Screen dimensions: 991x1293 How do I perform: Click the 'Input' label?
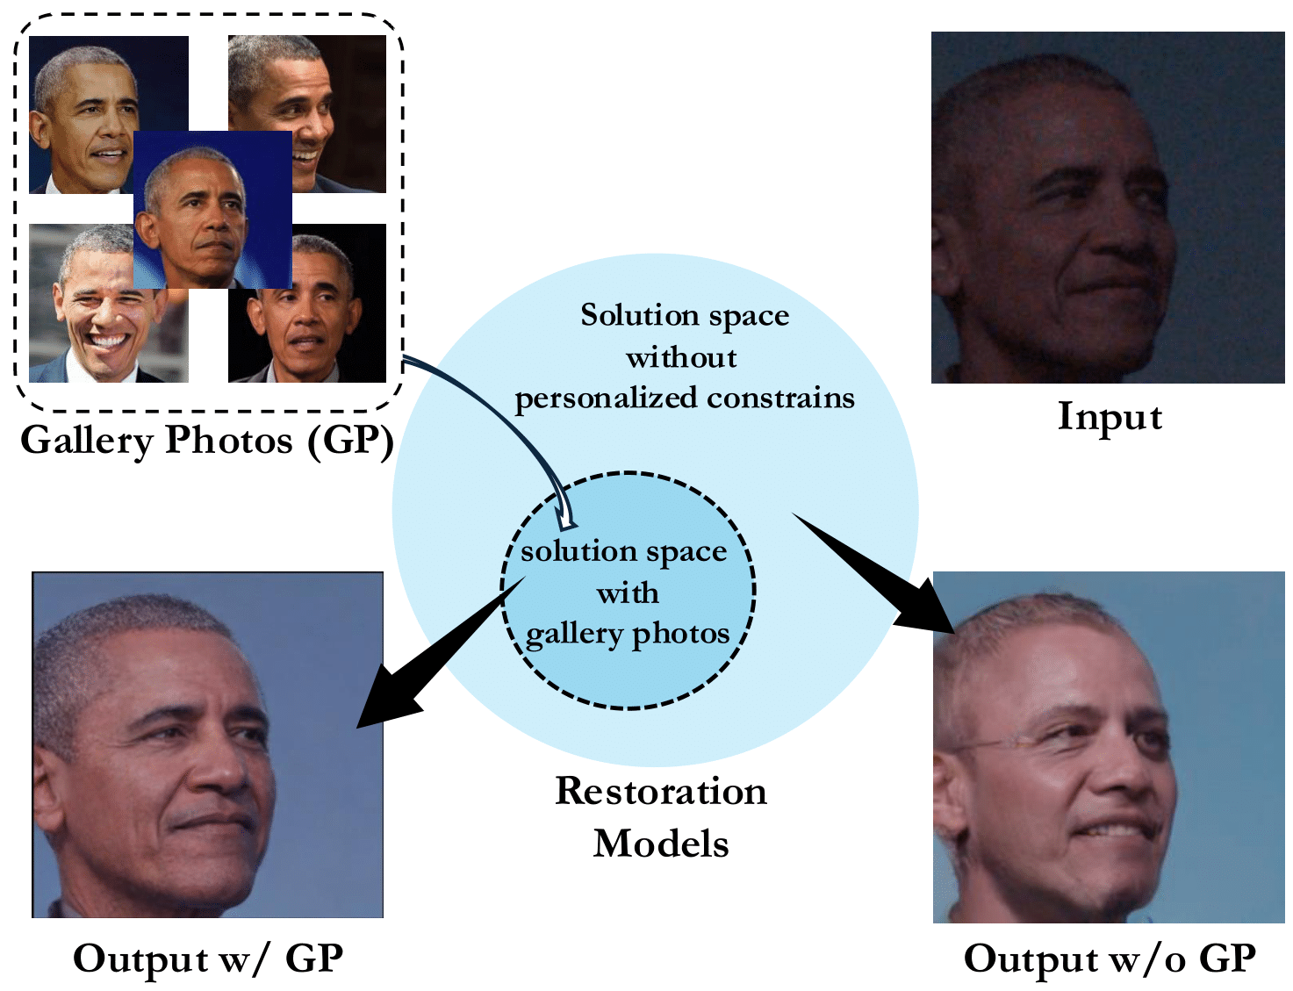point(1110,417)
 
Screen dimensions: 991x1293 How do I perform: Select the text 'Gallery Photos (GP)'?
point(207,441)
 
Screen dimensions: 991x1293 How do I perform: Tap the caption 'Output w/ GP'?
point(208,959)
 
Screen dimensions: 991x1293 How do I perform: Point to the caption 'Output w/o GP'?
point(1110,959)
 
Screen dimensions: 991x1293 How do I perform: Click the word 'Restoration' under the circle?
point(661,792)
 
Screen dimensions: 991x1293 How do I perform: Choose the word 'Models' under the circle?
point(661,844)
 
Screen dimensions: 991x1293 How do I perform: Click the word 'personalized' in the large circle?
point(607,399)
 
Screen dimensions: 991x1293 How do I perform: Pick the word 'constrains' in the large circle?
point(780,399)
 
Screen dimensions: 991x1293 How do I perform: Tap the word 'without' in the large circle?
point(681,358)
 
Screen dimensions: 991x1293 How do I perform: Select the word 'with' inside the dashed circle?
point(628,594)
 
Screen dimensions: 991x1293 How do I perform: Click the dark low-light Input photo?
point(1108,208)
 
